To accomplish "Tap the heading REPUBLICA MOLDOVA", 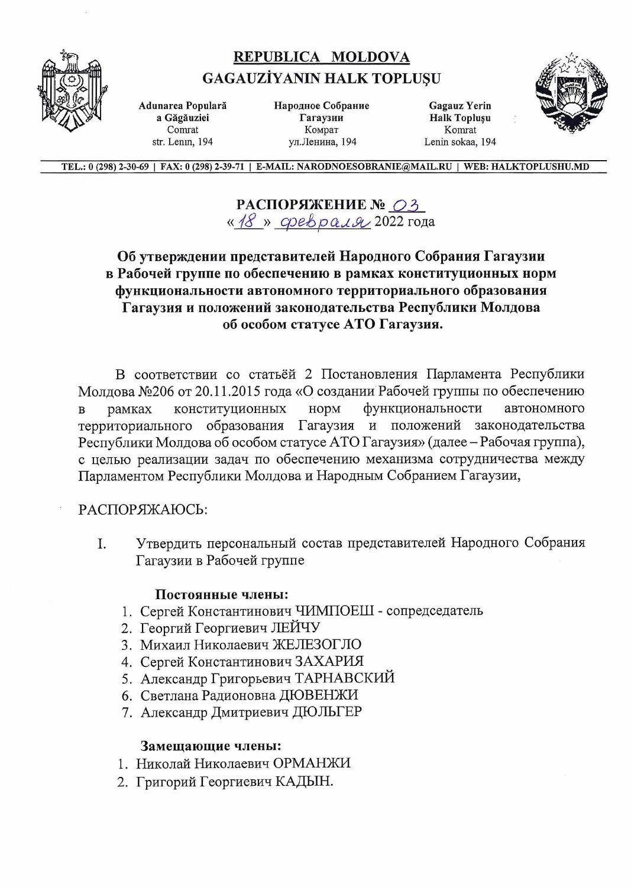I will click(x=321, y=57).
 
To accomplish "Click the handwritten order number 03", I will click(x=406, y=205).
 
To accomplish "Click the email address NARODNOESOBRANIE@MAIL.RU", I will click(x=374, y=167).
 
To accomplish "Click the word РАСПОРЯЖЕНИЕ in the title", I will click(x=302, y=205).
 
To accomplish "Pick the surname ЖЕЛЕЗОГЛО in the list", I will click(x=316, y=644).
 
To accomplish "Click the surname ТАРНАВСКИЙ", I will click(x=345, y=678).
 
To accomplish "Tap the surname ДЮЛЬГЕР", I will click(x=328, y=712).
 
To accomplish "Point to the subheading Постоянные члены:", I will click(x=222, y=594).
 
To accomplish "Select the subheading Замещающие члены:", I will click(x=211, y=746).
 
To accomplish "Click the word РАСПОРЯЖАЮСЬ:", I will click(x=143, y=509).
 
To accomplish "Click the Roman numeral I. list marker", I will click(x=102, y=544).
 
